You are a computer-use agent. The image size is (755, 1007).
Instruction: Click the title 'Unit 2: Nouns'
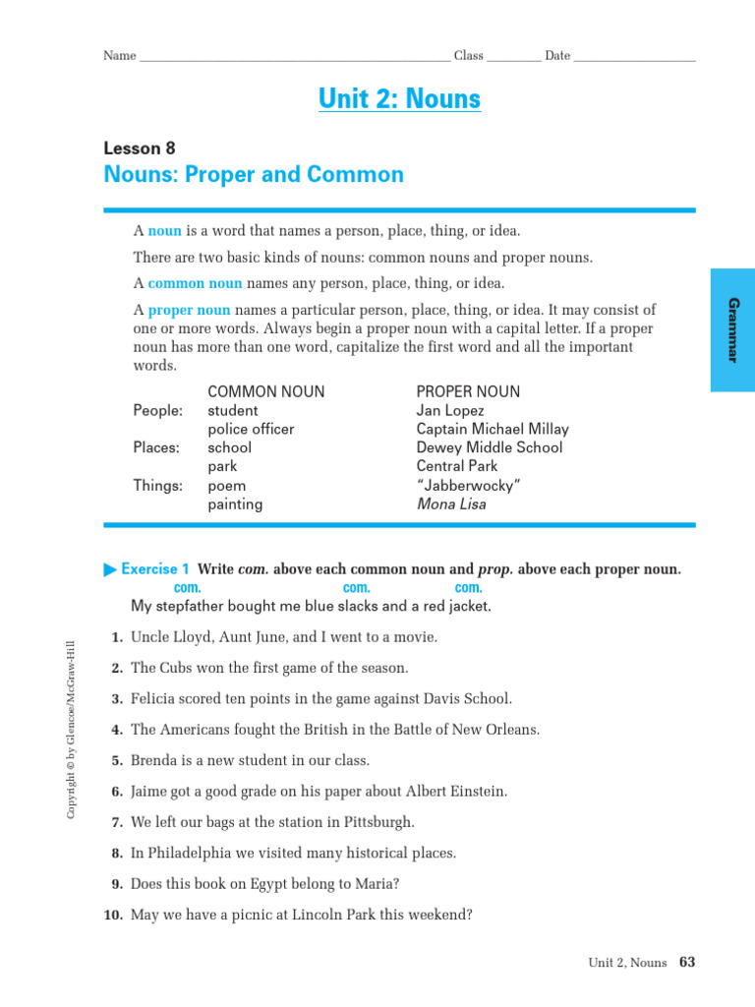point(399,99)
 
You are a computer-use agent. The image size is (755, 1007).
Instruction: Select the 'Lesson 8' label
point(139,148)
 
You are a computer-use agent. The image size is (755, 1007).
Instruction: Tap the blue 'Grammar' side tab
point(731,329)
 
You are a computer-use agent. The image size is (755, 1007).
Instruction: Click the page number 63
point(686,963)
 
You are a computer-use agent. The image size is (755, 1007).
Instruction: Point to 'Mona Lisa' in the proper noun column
point(451,504)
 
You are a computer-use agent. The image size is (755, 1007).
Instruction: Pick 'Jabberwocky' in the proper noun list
point(469,486)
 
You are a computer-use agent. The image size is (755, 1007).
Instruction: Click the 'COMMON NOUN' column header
point(265,391)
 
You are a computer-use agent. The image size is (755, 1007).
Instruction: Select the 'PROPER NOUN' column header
point(468,391)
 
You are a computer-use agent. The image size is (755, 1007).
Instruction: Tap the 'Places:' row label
point(156,447)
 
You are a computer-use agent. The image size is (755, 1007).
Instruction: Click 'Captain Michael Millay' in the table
point(493,429)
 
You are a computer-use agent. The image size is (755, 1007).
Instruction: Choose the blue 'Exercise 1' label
point(155,569)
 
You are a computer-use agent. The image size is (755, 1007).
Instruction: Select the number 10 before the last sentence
point(112,915)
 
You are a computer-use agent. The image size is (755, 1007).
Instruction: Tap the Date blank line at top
point(634,56)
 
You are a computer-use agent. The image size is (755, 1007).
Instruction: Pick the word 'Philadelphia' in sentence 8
point(188,853)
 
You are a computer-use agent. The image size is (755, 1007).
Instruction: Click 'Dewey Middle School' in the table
point(490,447)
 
